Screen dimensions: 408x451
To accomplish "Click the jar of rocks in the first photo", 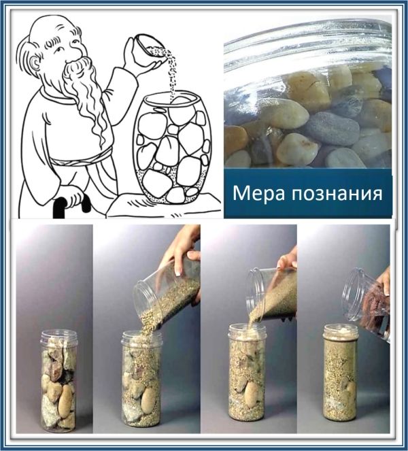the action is point(58,381).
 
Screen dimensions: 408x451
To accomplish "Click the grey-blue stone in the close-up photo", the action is point(332,129).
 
